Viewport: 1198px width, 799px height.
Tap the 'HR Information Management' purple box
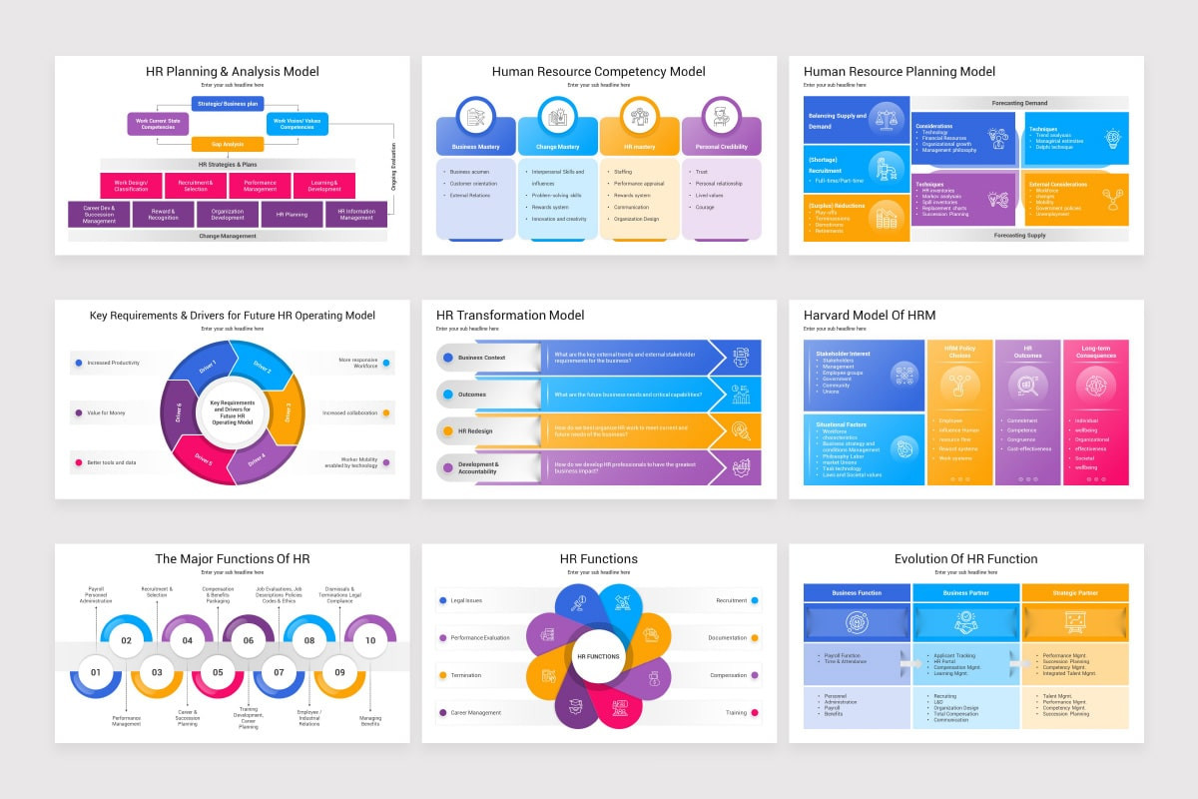click(355, 215)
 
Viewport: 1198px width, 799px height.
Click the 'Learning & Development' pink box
click(323, 185)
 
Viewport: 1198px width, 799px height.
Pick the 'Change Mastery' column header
click(557, 146)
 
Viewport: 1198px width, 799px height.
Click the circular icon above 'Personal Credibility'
click(720, 116)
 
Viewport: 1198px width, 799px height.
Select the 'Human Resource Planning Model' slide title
click(898, 71)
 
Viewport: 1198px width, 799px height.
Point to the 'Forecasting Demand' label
click(1019, 103)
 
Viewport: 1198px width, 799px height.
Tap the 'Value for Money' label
click(107, 412)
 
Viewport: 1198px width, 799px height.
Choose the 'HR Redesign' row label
click(475, 430)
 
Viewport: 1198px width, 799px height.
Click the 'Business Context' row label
click(481, 357)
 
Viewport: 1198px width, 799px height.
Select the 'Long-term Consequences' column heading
click(1095, 352)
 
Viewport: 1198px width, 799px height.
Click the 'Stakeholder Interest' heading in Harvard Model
click(843, 353)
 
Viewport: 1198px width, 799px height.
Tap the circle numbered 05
click(218, 672)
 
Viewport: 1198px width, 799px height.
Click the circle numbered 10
click(370, 640)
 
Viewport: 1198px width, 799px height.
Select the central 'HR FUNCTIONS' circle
click(598, 656)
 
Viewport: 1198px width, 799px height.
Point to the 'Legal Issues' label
click(466, 600)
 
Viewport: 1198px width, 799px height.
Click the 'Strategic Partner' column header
click(1074, 592)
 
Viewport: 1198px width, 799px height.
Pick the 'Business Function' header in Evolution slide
click(857, 592)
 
